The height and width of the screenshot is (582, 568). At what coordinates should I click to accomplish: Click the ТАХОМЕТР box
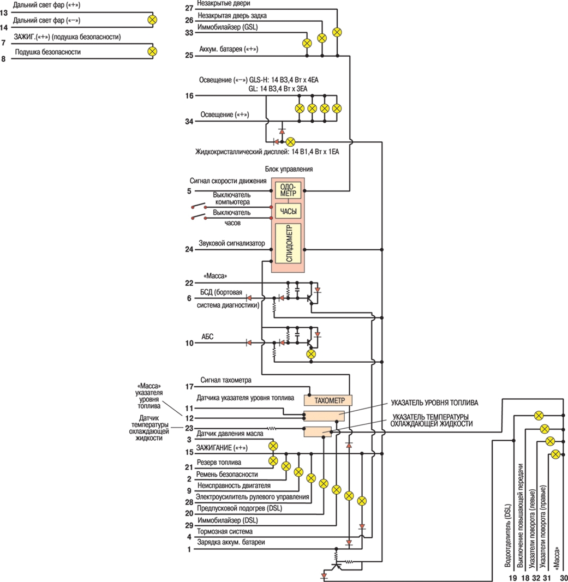[328, 400]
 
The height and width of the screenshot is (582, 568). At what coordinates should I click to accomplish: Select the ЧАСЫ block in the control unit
[288, 211]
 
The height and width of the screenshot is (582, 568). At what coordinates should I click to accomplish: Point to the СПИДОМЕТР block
[288, 243]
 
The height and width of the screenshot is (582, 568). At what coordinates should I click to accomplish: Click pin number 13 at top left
[4, 13]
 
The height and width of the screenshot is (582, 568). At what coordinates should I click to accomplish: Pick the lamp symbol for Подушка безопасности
[152, 51]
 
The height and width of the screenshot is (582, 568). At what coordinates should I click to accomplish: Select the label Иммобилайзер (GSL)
[228, 27]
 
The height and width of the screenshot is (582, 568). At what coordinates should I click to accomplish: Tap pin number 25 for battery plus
[189, 55]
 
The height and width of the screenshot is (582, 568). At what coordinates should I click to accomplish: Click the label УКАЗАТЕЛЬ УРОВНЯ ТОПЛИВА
[434, 403]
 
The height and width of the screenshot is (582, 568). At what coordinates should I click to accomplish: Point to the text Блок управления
[289, 169]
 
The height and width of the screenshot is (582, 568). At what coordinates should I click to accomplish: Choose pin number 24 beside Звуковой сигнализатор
[189, 249]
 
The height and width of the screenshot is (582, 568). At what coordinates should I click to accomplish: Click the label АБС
[207, 337]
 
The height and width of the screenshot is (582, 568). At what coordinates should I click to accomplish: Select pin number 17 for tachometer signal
[189, 387]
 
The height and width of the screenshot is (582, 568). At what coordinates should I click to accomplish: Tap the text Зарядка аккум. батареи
[231, 542]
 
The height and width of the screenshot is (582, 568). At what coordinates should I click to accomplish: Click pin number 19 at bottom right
[513, 578]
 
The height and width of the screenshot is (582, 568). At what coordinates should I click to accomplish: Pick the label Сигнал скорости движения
[228, 181]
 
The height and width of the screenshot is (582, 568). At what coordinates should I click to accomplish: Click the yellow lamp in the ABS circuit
[311, 354]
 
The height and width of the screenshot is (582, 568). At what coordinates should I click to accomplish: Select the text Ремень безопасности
[227, 474]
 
